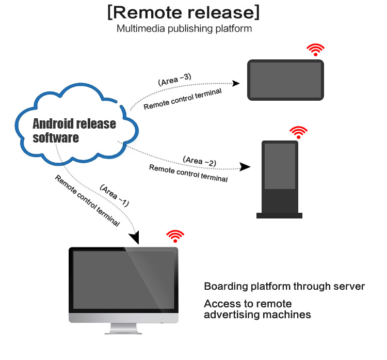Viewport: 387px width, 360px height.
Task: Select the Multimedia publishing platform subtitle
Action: click(x=184, y=28)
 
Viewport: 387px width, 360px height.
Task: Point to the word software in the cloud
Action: click(x=56, y=138)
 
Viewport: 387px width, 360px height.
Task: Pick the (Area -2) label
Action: click(x=199, y=161)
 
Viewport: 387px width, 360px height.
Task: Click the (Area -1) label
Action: click(x=114, y=196)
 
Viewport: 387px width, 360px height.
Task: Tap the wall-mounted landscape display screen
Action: click(x=285, y=80)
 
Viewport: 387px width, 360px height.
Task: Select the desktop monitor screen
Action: click(x=124, y=280)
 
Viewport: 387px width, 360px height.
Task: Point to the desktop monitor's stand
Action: click(x=124, y=328)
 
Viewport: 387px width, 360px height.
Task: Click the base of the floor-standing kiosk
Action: click(x=279, y=215)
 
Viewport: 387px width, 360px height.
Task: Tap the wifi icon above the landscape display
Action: click(x=315, y=50)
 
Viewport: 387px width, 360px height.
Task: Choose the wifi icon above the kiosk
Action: click(x=298, y=131)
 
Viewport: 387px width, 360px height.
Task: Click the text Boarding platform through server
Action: click(x=284, y=286)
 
